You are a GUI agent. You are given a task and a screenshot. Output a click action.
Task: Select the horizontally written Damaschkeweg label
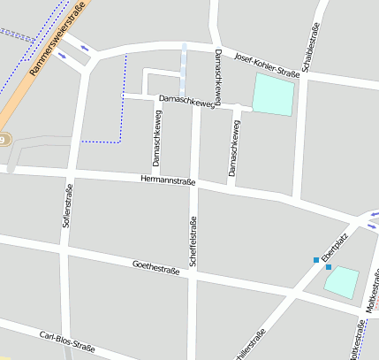(x=186, y=103)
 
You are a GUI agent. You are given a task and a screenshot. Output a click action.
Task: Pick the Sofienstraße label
(x=66, y=206)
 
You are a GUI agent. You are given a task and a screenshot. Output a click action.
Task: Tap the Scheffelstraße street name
(x=192, y=241)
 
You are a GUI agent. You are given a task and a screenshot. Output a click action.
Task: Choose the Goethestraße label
(x=155, y=267)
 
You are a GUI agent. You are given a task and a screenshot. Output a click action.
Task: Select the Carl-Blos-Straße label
(x=67, y=341)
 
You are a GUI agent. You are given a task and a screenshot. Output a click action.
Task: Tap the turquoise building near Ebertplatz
(x=342, y=282)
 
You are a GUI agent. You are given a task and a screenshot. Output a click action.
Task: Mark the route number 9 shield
(x=3, y=140)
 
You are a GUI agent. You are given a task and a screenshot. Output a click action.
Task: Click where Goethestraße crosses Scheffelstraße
(x=192, y=277)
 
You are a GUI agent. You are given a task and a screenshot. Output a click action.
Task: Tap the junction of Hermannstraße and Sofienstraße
(x=71, y=171)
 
